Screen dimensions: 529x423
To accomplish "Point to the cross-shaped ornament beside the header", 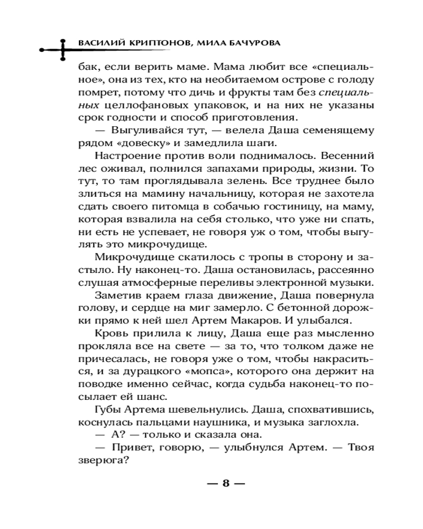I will click(x=62, y=49).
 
